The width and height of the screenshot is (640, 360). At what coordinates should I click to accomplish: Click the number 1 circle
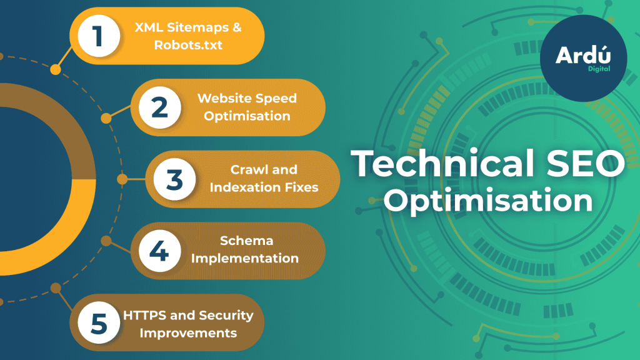[x=99, y=36]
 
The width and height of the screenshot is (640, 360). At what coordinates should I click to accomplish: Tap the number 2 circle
[x=159, y=107]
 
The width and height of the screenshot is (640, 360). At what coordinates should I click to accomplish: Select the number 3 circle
[x=175, y=179]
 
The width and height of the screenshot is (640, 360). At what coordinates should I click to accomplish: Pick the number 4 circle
[x=159, y=251]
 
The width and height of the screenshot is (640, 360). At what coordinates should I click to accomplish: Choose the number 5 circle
[x=99, y=322]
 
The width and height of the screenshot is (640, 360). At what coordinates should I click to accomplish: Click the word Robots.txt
[x=188, y=45]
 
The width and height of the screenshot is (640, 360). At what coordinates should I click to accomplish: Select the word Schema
[x=246, y=241]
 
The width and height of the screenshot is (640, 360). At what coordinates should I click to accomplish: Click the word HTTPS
[x=145, y=315]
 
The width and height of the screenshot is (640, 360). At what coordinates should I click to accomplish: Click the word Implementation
[x=245, y=259]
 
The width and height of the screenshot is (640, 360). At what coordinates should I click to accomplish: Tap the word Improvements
[x=188, y=333]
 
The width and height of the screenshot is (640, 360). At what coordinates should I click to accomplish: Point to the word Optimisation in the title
[x=488, y=200]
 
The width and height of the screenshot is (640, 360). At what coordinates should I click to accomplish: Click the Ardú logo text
[x=583, y=55]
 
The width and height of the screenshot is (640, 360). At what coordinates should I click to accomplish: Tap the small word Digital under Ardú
[x=599, y=69]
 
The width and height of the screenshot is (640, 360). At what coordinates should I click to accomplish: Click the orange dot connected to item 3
[x=122, y=179]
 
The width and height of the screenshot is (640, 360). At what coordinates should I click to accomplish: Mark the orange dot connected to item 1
[x=56, y=69]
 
